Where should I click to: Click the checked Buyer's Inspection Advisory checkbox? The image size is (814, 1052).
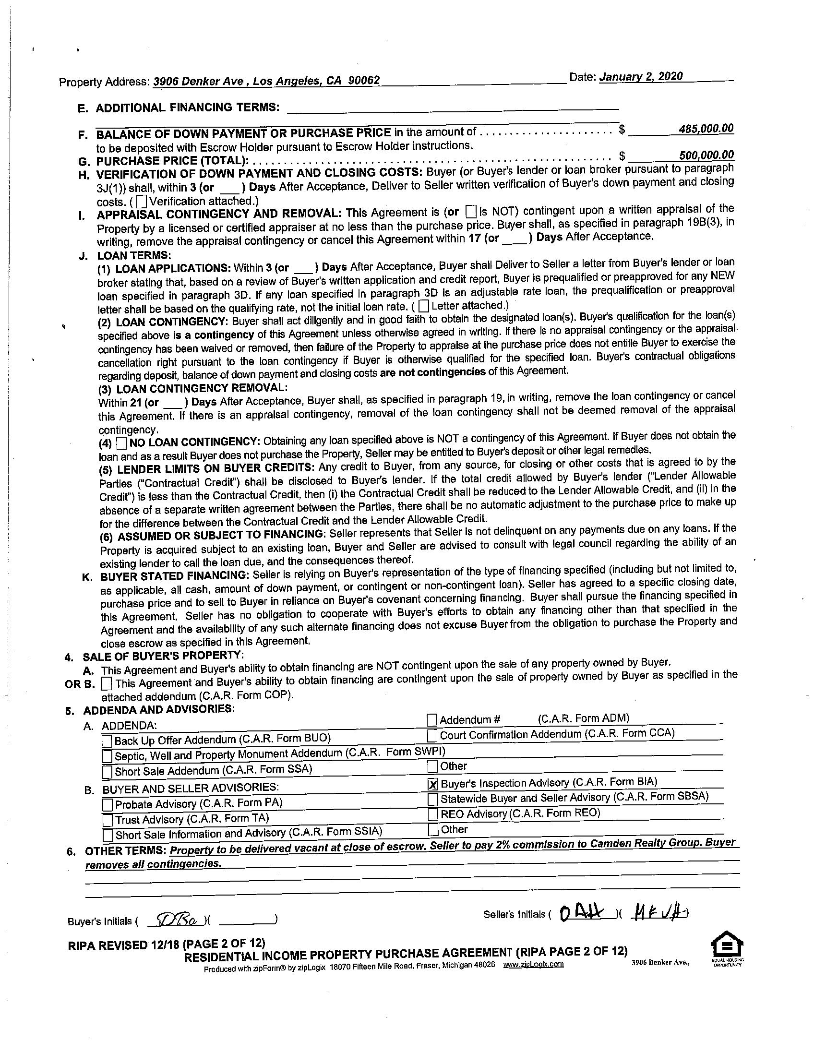(x=432, y=785)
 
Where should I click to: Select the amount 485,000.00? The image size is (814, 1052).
(x=706, y=129)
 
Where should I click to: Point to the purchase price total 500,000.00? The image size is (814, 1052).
(x=706, y=155)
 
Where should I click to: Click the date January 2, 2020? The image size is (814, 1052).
(x=641, y=77)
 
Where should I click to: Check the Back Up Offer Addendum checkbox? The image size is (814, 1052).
(x=108, y=741)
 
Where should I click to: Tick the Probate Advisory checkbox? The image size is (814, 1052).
(x=108, y=804)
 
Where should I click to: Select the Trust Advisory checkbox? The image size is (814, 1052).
(x=108, y=820)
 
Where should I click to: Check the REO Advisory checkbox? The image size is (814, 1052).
(x=433, y=814)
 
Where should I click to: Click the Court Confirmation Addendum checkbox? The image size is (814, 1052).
(x=432, y=736)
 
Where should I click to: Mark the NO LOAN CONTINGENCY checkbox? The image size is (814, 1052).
(x=122, y=442)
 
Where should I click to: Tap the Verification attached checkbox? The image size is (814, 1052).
(x=142, y=201)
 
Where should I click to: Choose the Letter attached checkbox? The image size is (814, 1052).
(x=423, y=305)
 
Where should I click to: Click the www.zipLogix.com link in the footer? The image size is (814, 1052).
(x=533, y=964)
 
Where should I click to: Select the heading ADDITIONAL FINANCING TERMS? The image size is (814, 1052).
(x=187, y=108)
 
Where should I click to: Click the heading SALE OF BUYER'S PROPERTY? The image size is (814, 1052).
(x=163, y=656)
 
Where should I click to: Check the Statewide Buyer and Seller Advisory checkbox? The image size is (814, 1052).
(x=433, y=799)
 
